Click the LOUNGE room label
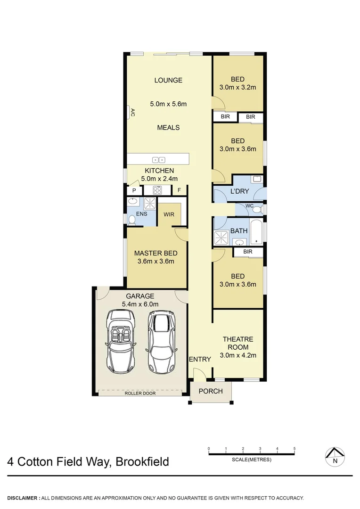tap(168, 80)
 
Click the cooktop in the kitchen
tap(156, 190)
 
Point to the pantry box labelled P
tap(134, 190)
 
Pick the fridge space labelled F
tap(179, 190)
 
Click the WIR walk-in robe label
tap(169, 214)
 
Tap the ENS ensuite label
tap(141, 214)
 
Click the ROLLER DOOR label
tap(141, 393)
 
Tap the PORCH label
tap(211, 391)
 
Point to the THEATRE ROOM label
tap(238, 343)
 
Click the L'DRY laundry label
tap(239, 191)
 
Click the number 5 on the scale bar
tap(295, 448)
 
